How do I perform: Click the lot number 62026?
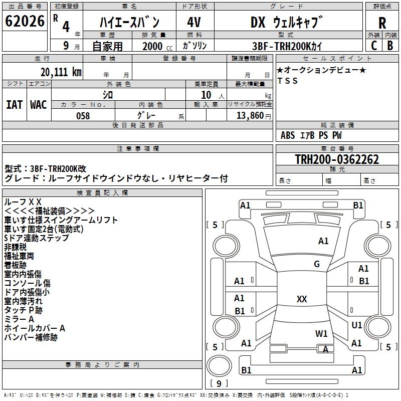pos(25,22)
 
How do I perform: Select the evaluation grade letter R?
pos(382,23)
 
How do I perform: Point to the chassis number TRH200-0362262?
pos(336,160)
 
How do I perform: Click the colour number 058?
pos(83,116)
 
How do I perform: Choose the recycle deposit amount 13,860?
pos(251,116)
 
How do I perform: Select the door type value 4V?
pos(194,23)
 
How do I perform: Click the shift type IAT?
pos(14,104)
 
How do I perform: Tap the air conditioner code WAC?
pos(39,104)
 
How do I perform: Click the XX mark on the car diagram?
pos(302,299)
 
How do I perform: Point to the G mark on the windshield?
pos(317,264)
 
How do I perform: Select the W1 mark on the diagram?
pos(321,334)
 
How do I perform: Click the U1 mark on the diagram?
pos(357,325)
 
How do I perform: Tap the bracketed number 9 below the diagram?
pos(219,384)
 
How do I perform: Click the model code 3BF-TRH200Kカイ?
pos(287,46)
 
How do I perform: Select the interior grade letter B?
pos(389,46)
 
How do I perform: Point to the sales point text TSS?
pos(288,81)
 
